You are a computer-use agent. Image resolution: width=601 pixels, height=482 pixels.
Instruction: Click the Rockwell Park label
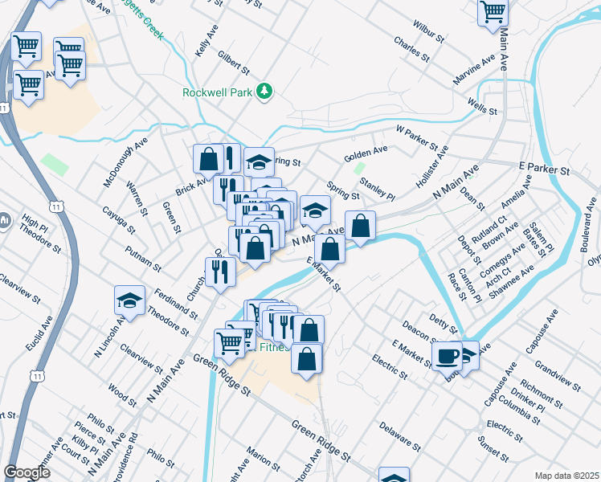[x=217, y=92]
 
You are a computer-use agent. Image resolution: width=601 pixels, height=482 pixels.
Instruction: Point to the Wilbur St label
[x=427, y=35]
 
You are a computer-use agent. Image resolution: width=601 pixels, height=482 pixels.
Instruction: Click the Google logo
[x=27, y=472]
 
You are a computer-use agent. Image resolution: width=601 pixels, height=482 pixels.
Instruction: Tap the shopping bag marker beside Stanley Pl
[x=361, y=227]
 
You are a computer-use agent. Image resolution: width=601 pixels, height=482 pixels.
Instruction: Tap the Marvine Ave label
[x=474, y=71]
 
